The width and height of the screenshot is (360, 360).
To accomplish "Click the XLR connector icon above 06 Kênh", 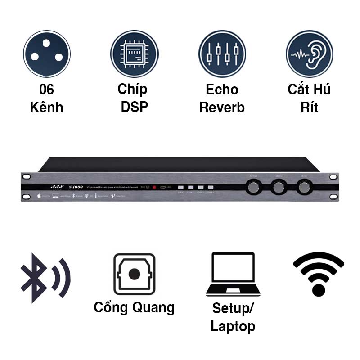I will (x=47, y=53).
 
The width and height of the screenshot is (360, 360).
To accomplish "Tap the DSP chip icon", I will (x=135, y=53).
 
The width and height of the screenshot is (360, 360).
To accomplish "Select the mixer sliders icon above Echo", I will (x=222, y=53).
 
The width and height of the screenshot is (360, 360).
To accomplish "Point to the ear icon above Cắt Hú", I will (x=310, y=53).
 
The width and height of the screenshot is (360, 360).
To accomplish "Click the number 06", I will (x=46, y=90).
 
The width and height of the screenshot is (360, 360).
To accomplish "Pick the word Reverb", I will (x=222, y=108).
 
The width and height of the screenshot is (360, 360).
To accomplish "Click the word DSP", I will (x=135, y=108).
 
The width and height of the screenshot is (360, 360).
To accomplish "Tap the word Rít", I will (x=309, y=108).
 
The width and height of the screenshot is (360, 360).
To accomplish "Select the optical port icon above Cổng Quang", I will (x=134, y=274).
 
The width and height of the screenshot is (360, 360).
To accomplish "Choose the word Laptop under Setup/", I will (x=233, y=326).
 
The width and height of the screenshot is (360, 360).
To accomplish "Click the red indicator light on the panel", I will (x=154, y=187).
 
